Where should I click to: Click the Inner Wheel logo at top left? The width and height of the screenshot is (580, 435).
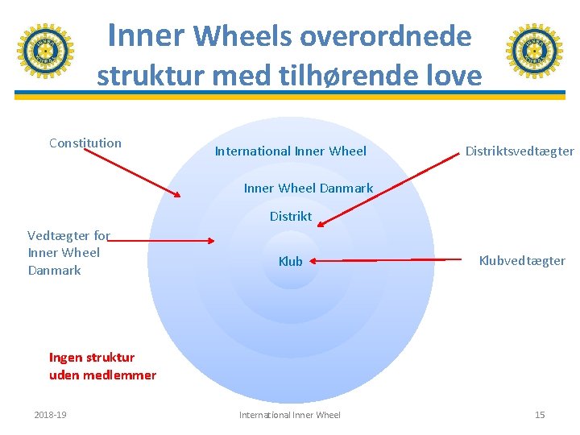click(46, 51)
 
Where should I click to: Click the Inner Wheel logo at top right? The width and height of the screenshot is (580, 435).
click(534, 51)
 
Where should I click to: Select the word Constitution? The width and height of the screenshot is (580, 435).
click(85, 143)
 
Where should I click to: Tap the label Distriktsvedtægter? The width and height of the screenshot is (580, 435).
click(520, 151)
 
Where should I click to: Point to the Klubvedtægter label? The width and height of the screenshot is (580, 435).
click(522, 261)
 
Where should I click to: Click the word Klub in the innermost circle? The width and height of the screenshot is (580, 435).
click(290, 261)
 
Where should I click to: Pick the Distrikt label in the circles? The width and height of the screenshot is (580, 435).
click(290, 216)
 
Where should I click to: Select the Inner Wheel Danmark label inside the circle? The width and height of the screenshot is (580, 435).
click(308, 188)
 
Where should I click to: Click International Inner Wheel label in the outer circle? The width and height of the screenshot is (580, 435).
click(290, 151)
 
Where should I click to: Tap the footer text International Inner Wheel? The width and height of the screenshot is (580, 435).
click(290, 415)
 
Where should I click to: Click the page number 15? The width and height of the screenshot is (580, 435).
click(540, 415)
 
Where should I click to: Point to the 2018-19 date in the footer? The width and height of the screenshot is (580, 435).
click(50, 415)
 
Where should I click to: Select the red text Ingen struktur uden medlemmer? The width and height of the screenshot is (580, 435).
click(102, 367)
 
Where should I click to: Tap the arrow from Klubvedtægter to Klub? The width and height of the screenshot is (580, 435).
click(387, 260)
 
